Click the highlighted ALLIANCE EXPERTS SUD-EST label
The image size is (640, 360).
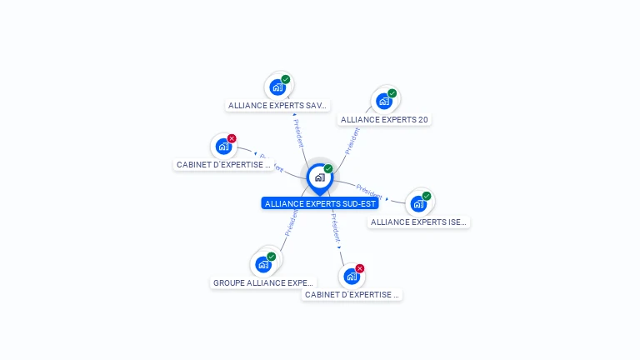[320, 203]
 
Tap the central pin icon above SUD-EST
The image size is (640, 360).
[319, 177]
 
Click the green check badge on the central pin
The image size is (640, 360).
[328, 168]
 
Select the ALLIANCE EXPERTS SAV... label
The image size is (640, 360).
[278, 106]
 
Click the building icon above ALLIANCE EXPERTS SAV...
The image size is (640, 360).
[277, 87]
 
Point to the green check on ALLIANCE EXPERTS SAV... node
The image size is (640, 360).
[286, 79]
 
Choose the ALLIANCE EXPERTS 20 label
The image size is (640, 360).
[384, 119]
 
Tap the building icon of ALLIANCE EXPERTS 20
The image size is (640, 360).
[383, 101]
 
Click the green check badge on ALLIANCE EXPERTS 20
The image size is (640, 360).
[392, 93]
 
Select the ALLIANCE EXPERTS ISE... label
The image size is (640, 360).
[418, 222]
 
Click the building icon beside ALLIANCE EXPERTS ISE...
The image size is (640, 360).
[418, 203]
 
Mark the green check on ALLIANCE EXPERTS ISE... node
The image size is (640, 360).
[427, 196]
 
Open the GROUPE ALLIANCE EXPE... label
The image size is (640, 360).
[263, 282]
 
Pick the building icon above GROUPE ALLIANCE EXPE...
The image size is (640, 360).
[263, 264]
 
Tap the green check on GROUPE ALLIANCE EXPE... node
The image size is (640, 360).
[272, 257]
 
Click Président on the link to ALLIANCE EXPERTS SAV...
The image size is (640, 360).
[298, 132]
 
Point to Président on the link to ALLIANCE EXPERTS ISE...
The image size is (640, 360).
[369, 189]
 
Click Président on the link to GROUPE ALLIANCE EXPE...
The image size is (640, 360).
[292, 222]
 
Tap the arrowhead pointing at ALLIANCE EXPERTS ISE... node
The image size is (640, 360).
[387, 199]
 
